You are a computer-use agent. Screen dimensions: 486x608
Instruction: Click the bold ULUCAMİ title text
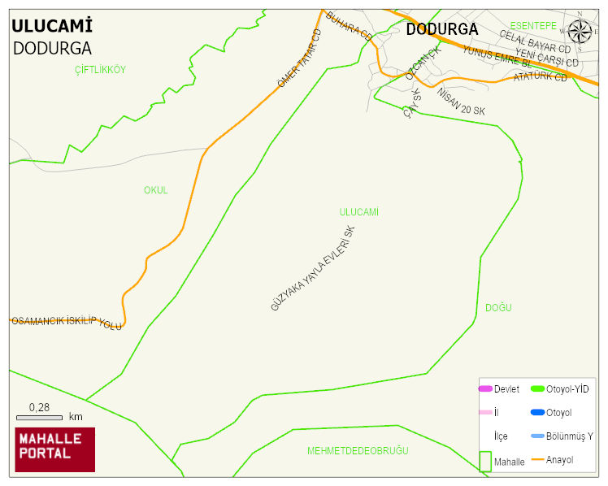pyautogui.click(x=51, y=25)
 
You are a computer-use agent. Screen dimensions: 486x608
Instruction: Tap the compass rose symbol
pyautogui.click(x=580, y=30)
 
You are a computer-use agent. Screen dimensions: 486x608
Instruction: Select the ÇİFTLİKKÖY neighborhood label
pyautogui.click(x=100, y=70)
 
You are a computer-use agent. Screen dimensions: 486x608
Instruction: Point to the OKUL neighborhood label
pyautogui.click(x=155, y=190)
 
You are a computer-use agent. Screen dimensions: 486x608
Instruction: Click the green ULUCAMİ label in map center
pyautogui.click(x=359, y=212)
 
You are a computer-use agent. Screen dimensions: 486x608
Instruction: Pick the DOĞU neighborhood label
pyautogui.click(x=498, y=308)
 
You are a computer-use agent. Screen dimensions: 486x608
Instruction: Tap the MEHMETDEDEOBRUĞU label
pyautogui.click(x=358, y=451)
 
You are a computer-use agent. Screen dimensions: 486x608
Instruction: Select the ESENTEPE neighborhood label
pyautogui.click(x=533, y=26)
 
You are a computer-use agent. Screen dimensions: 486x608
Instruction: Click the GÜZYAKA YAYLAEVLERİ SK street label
pyautogui.click(x=313, y=268)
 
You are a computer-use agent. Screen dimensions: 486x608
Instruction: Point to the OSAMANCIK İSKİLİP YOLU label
pyautogui.click(x=66, y=322)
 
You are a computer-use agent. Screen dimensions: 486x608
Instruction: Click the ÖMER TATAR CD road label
pyautogui.click(x=300, y=59)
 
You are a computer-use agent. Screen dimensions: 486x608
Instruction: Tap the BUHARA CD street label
pyautogui.click(x=349, y=27)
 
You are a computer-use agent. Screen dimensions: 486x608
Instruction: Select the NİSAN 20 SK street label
pyautogui.click(x=461, y=101)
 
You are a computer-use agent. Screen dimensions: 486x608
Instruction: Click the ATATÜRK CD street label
pyautogui.click(x=541, y=77)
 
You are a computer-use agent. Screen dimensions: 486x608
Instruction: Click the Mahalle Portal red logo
pyautogui.click(x=55, y=449)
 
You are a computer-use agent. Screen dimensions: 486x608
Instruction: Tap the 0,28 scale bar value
pyautogui.click(x=39, y=406)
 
